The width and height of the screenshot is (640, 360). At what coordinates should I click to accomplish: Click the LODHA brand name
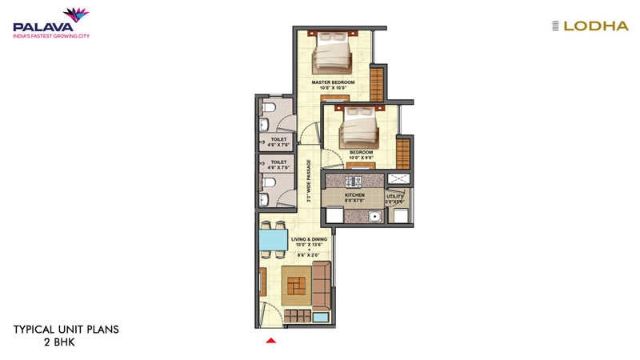tap(596, 26)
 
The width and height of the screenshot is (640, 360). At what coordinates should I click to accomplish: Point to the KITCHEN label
tap(354, 194)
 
